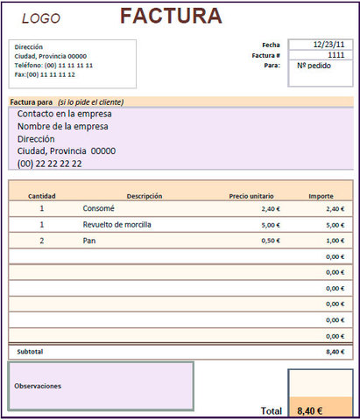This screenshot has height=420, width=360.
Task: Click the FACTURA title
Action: [x=171, y=16]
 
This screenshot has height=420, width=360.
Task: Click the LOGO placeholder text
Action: [x=41, y=18]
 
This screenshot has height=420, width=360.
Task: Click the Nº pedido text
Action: [x=313, y=66]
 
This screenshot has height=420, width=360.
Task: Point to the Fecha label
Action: [x=271, y=45]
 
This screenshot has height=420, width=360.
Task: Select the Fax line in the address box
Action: [x=51, y=74]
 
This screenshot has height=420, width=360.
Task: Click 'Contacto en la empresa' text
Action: [x=65, y=113]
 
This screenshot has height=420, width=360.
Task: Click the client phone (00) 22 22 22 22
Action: [x=50, y=163]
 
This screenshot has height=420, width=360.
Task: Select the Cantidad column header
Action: [x=42, y=196]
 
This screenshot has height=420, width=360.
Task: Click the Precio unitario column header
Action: [x=251, y=196]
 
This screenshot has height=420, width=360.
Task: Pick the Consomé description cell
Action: [x=99, y=209]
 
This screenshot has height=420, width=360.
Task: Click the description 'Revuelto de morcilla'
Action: [x=117, y=225]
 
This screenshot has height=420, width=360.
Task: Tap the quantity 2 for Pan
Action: [x=41, y=241]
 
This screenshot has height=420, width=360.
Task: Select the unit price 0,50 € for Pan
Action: [x=270, y=241]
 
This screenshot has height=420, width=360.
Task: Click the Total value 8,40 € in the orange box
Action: [x=310, y=410]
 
